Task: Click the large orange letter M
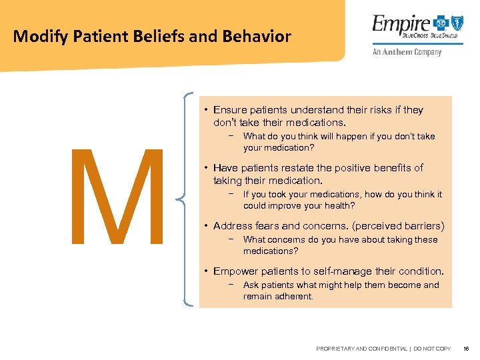point(121,197)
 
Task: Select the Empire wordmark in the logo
point(394,25)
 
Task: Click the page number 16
point(466,349)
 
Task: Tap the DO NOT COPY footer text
point(433,349)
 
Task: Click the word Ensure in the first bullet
point(230,110)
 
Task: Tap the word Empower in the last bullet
point(235,271)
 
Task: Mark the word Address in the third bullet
point(233,226)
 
